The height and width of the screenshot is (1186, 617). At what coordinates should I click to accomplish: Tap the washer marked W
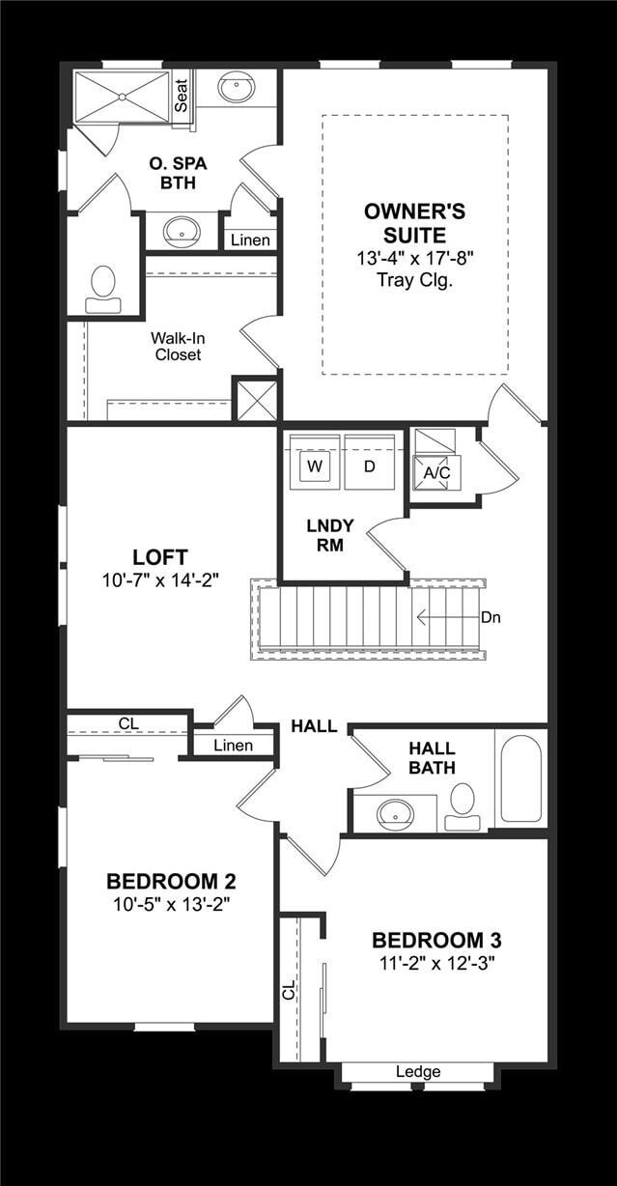314,466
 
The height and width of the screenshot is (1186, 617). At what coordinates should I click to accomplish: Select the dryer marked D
369,466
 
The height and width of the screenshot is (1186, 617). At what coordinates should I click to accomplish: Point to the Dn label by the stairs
491,617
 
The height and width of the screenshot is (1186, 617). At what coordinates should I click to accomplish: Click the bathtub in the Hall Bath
520,778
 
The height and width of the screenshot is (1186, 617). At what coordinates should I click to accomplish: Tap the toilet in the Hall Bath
463,806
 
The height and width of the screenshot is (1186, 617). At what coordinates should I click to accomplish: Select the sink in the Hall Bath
395,813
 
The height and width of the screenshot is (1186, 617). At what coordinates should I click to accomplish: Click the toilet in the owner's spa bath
103,289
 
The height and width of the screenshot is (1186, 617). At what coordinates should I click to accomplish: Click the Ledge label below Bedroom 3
418,1072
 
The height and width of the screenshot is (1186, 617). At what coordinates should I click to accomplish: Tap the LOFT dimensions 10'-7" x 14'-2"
161,580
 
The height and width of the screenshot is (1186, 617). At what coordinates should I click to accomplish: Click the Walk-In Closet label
178,347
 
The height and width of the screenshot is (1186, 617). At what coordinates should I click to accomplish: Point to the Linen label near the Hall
233,745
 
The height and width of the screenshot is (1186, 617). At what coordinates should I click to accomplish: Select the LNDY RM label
330,535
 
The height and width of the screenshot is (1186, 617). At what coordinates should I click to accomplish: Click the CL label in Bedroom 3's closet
288,990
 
